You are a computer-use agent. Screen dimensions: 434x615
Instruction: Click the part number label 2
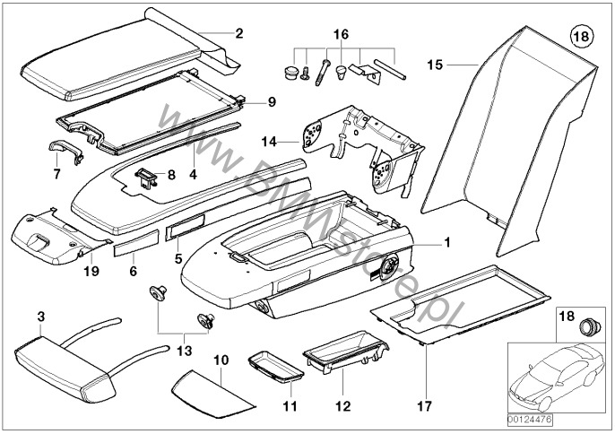point(238,34)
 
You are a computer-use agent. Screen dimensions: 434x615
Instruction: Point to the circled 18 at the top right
point(581,38)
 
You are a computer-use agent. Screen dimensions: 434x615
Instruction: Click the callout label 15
point(435,65)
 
